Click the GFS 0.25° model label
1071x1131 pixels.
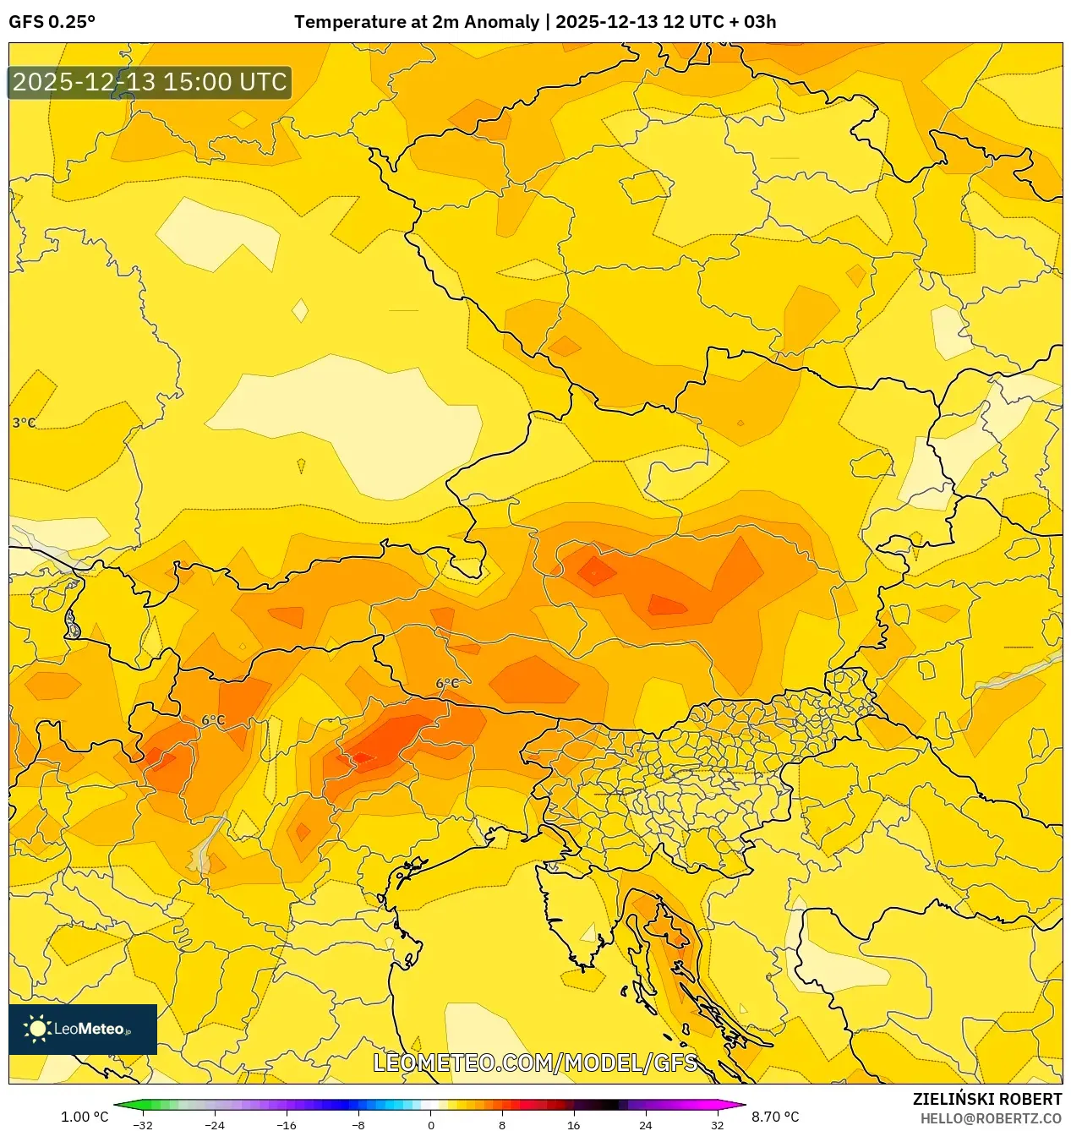pos(52,22)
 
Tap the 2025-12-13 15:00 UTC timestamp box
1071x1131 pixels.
pos(150,82)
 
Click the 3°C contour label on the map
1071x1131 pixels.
pos(24,423)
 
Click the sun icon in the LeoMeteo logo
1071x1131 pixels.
pos(37,1029)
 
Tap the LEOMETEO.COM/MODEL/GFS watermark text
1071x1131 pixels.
pos(535,1063)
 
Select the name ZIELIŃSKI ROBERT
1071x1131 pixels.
pos(986,1099)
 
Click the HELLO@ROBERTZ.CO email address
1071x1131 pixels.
pos(991,1118)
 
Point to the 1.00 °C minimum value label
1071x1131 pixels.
pos(85,1117)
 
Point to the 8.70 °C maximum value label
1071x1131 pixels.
pos(775,1117)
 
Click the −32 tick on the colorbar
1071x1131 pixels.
pos(143,1125)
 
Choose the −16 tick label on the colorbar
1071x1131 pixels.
pos(287,1125)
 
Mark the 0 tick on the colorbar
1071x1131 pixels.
pos(430,1125)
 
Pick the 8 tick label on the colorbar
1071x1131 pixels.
pos(502,1125)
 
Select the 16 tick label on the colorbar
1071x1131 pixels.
pos(573,1125)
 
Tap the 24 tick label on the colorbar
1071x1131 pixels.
pos(645,1125)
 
